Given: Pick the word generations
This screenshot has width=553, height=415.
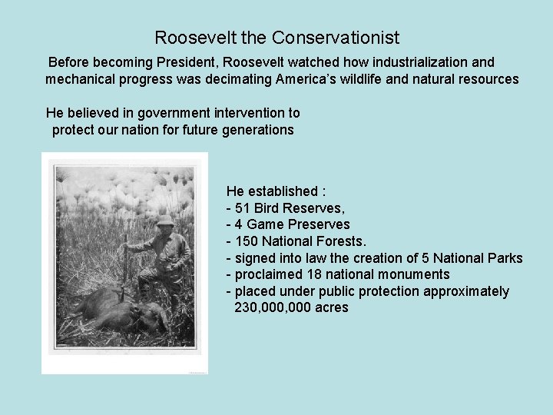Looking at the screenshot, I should [257, 130].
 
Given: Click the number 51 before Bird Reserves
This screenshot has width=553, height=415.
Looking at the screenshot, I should [243, 207].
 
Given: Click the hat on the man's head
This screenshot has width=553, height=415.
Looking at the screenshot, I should [165, 221].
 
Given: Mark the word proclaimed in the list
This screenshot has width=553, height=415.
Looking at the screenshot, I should [268, 274].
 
